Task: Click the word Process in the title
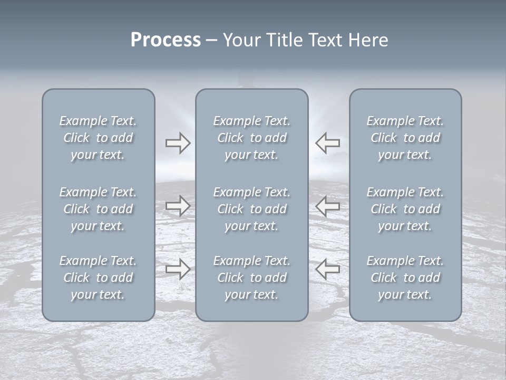[x=166, y=40]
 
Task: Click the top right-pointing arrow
[x=178, y=143]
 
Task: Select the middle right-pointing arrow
[x=178, y=206]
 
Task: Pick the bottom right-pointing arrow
[x=178, y=269]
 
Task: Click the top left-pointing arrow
[x=327, y=143]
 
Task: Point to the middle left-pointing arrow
[x=327, y=206]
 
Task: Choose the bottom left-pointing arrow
[x=327, y=269]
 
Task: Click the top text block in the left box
[x=98, y=138]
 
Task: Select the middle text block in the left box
[x=98, y=209]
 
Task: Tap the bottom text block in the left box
[x=98, y=278]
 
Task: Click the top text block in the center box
[x=251, y=138]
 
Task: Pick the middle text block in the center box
[x=251, y=209]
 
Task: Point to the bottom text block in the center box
[x=251, y=278]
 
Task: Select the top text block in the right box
[x=405, y=138]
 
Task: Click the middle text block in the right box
[x=405, y=209]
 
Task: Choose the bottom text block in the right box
[x=405, y=278]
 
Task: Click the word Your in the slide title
[x=240, y=40]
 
